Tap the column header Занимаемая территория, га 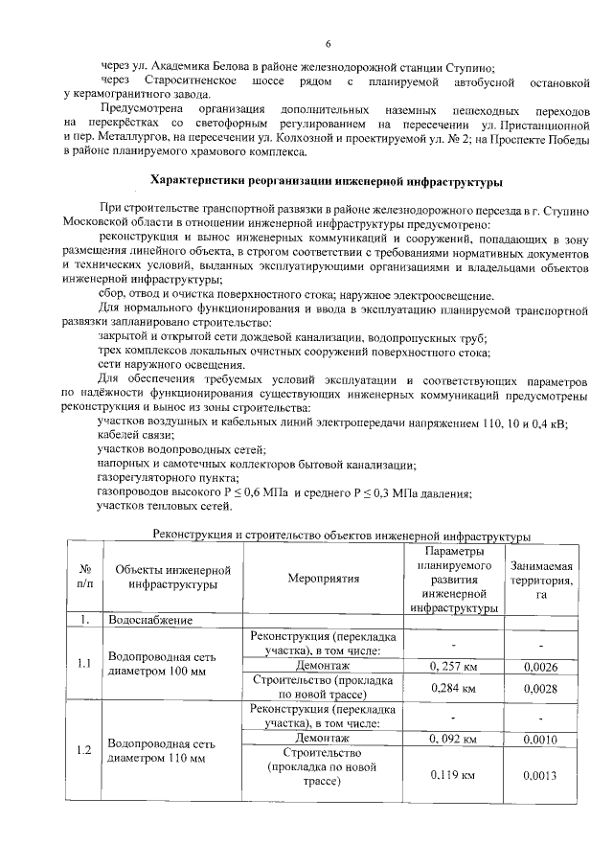541,579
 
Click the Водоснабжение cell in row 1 151,620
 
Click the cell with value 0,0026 540,665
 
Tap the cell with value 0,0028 540,688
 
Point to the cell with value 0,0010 540,739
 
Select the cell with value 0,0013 540,774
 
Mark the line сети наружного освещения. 157,365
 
